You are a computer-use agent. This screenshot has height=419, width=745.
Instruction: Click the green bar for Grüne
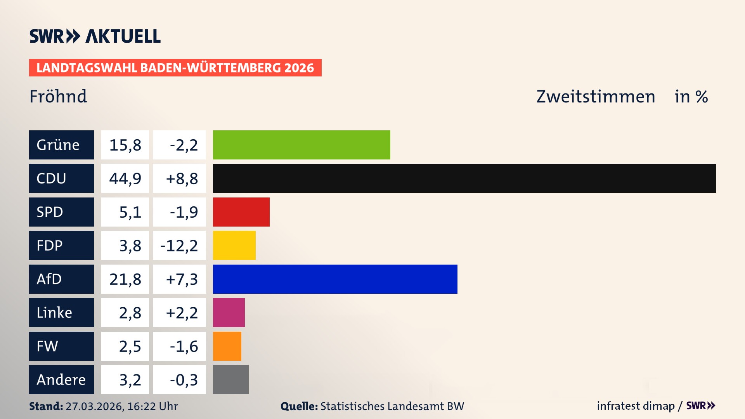click(x=301, y=145)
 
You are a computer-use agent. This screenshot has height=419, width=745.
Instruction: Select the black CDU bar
click(x=464, y=178)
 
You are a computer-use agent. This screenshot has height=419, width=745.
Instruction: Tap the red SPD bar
click(x=241, y=212)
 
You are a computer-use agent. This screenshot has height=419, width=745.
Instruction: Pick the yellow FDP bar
click(x=234, y=245)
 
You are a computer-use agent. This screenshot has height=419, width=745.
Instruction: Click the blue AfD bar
click(x=335, y=279)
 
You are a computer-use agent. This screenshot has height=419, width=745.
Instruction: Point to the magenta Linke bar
click(x=229, y=312)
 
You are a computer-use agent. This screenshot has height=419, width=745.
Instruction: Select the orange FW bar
click(x=227, y=346)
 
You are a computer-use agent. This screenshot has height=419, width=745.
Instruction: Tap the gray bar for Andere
click(x=230, y=379)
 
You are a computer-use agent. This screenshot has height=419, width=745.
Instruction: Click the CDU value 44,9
click(x=125, y=178)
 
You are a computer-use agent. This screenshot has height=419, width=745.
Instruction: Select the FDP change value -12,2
click(x=179, y=246)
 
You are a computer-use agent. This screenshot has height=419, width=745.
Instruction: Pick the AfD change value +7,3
click(x=182, y=279)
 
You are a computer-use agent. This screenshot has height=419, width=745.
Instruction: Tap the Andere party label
click(x=61, y=379)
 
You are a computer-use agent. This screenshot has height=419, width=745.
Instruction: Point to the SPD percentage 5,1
click(x=130, y=212)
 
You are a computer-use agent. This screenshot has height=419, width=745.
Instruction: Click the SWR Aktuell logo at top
click(x=95, y=36)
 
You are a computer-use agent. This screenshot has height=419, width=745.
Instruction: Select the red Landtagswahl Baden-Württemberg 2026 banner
click(x=175, y=68)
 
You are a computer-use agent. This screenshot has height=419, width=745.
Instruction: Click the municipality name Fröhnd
click(x=58, y=96)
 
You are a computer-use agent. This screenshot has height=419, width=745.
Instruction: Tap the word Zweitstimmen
click(x=596, y=97)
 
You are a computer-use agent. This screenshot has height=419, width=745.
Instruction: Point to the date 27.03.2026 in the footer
click(x=94, y=406)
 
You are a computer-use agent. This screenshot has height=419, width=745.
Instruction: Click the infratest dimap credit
click(x=636, y=406)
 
